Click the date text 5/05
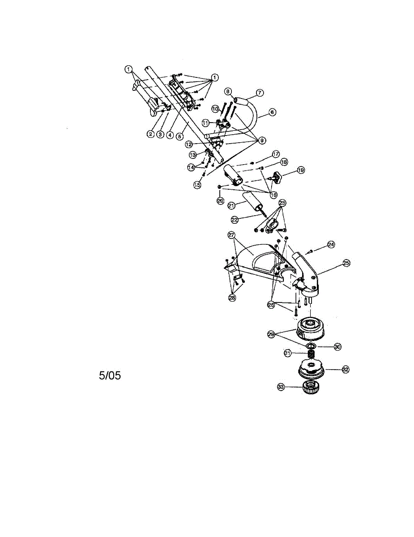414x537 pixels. [110, 375]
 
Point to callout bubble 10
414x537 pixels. [215, 108]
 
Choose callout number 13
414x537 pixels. [193, 154]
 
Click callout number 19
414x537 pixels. [301, 170]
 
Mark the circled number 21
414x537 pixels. [231, 205]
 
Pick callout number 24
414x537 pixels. [331, 244]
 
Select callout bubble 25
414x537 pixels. [346, 263]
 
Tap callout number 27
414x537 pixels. [231, 234]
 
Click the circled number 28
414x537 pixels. [232, 298]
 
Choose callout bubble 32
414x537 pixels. [346, 369]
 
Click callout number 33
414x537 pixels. [281, 387]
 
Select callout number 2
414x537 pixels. [151, 134]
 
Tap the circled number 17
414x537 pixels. [276, 153]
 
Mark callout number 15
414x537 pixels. [197, 184]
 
